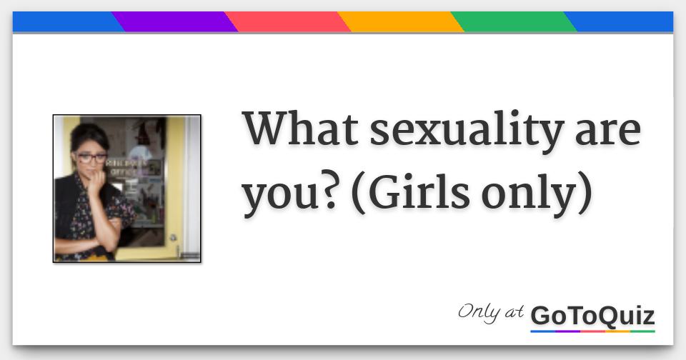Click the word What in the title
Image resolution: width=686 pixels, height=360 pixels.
[x=300, y=129]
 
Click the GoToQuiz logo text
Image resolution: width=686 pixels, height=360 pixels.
[x=593, y=316]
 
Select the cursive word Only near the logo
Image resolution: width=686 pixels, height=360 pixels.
[x=479, y=312]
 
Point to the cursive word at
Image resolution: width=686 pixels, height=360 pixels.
[x=514, y=312]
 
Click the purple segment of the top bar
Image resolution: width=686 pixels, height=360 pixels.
[x=175, y=21]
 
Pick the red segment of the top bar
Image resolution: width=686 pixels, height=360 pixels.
[x=287, y=21]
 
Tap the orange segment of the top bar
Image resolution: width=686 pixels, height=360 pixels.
[x=401, y=21]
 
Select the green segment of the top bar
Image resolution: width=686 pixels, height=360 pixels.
[x=514, y=21]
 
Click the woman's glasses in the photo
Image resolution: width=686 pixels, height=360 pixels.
[x=91, y=158]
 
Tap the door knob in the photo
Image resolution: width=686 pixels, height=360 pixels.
[x=173, y=238]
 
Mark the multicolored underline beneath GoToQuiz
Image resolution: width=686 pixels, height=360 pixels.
[x=593, y=331]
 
